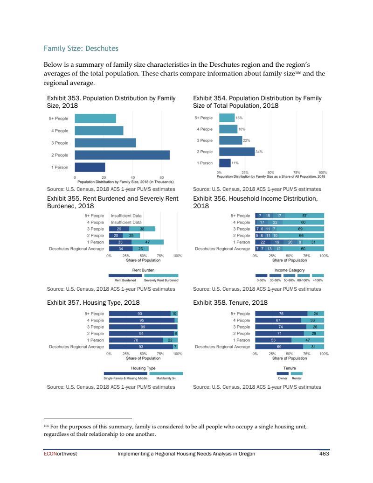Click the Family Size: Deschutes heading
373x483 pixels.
click(x=81, y=49)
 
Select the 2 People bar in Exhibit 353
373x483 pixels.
click(x=122, y=155)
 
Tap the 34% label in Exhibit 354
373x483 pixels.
click(x=259, y=152)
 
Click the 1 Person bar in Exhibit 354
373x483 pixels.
click(x=225, y=163)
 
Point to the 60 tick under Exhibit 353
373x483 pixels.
click(x=161, y=177)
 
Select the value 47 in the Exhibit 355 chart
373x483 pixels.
click(x=147, y=242)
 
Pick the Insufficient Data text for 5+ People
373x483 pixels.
click(x=126, y=216)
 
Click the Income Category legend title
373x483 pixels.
click(x=289, y=270)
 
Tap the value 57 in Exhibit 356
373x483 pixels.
click(x=304, y=216)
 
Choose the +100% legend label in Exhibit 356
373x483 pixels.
click(x=318, y=280)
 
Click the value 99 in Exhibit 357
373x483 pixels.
click(x=143, y=327)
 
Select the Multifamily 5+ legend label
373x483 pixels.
click(x=166, y=378)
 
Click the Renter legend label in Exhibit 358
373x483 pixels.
click(x=297, y=378)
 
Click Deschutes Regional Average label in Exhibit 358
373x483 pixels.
click(x=222, y=347)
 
